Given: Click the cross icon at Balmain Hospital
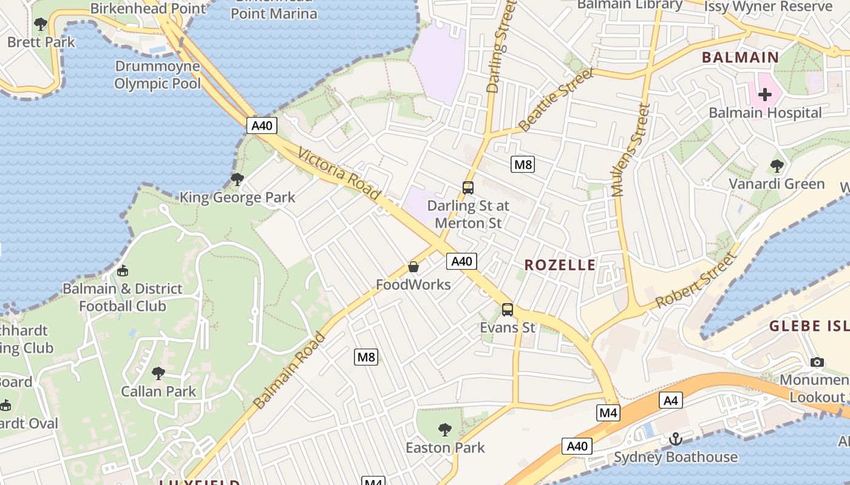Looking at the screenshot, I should pyautogui.click(x=765, y=94).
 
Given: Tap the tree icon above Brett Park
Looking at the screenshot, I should pyautogui.click(x=41, y=24).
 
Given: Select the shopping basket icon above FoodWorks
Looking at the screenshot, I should pyautogui.click(x=413, y=267).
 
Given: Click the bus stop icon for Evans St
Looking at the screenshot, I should pyautogui.click(x=508, y=310).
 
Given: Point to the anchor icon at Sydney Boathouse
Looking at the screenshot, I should pyautogui.click(x=675, y=439).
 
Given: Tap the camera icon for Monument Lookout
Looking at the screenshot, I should pyautogui.click(x=817, y=362).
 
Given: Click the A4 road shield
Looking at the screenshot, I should pyautogui.click(x=670, y=400).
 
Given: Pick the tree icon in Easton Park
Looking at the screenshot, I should pyautogui.click(x=445, y=430).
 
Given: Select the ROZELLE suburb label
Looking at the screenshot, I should pyautogui.click(x=560, y=265).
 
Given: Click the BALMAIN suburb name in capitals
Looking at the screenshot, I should pyautogui.click(x=740, y=58).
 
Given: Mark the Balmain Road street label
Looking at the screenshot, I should pyautogui.click(x=290, y=370).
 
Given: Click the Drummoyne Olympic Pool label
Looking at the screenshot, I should pyautogui.click(x=157, y=75).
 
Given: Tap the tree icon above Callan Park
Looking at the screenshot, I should pyautogui.click(x=158, y=373).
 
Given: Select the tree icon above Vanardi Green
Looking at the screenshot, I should pyautogui.click(x=777, y=166).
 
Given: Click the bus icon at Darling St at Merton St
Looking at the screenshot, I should pyautogui.click(x=468, y=188).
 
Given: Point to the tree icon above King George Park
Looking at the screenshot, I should pyautogui.click(x=237, y=179).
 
